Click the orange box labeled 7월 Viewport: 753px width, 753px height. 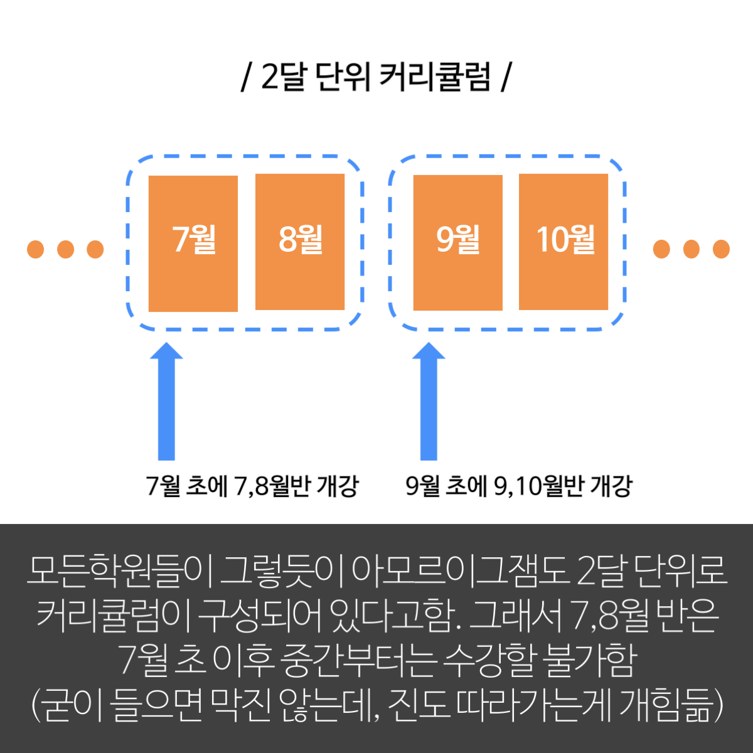pyautogui.click(x=193, y=243)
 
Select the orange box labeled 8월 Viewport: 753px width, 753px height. pyautogui.click(x=300, y=242)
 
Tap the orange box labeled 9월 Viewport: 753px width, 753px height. pyautogui.click(x=458, y=243)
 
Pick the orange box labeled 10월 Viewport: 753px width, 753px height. pyautogui.click(x=563, y=242)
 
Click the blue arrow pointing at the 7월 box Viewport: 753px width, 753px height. pyautogui.click(x=166, y=402)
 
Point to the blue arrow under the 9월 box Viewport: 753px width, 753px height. pyautogui.click(x=429, y=402)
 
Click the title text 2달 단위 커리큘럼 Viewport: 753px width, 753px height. pyautogui.click(x=375, y=77)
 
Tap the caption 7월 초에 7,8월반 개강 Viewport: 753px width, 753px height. pyautogui.click(x=252, y=486)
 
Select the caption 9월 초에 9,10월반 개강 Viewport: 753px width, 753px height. pyautogui.click(x=519, y=486)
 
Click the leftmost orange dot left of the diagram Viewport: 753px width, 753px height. pyautogui.click(x=36, y=249)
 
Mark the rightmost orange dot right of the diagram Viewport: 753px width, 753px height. pyautogui.click(x=722, y=249)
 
